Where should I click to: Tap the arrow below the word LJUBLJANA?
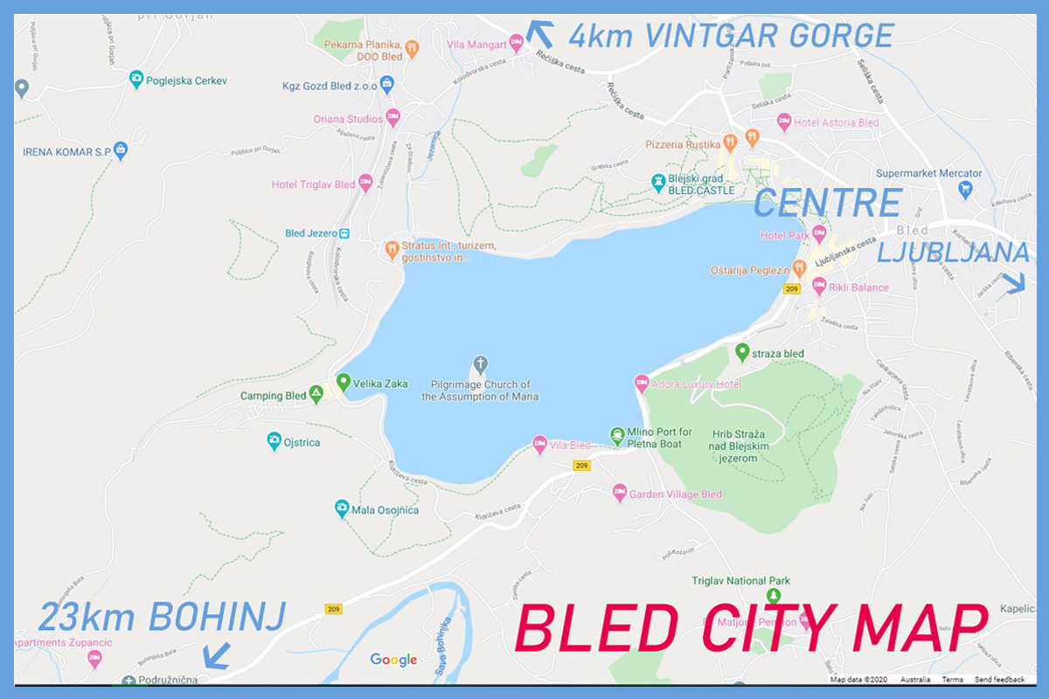pos(1014,282)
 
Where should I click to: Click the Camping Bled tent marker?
pos(316,395)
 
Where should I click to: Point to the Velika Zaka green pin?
pos(344,382)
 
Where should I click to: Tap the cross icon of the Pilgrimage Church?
pos(479,363)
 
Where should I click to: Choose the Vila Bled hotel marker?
pos(539,444)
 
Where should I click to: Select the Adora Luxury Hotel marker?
pos(641,384)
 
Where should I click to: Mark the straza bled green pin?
pos(742,351)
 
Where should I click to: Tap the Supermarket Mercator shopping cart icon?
pos(965,188)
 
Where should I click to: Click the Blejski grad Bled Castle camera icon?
pos(658,183)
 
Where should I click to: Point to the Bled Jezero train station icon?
pos(344,233)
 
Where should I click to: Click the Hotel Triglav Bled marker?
pos(365,183)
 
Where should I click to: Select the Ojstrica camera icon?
pos(274,441)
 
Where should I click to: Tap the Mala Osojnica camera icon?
pos(342,509)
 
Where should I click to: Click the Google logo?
pos(393,660)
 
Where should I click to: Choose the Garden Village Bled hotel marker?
pos(620,493)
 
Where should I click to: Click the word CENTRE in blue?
pos(827,203)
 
